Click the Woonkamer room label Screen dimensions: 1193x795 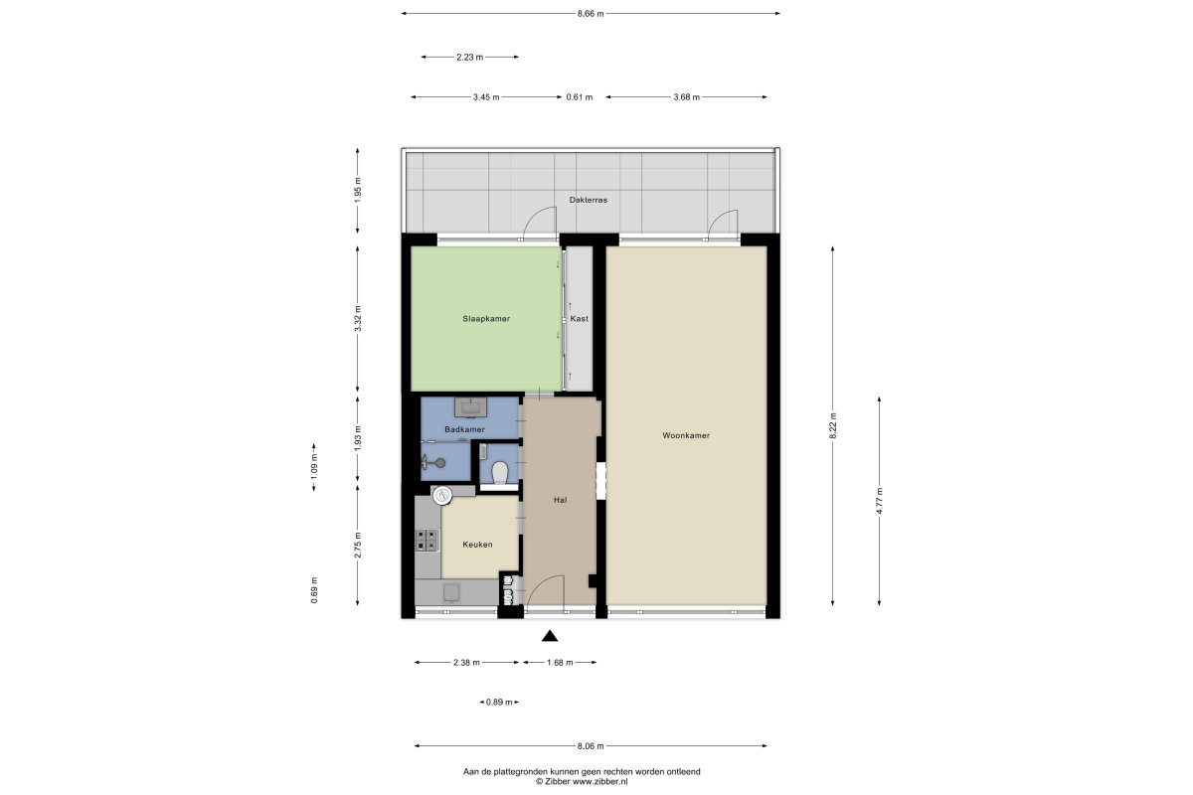[686, 435]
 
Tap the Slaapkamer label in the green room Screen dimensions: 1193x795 [486, 319]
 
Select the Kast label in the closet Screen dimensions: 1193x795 [580, 319]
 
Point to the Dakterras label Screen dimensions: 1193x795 [588, 200]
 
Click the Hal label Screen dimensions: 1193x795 [561, 500]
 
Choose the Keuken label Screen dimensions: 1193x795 [477, 545]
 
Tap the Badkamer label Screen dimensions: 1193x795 [465, 429]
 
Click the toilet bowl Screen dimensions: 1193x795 [499, 473]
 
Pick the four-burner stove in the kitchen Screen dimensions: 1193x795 [427, 540]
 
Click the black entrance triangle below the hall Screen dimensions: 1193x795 [550, 636]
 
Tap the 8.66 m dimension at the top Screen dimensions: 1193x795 [591, 14]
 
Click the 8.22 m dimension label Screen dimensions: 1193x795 [833, 426]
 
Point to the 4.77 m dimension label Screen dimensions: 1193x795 [879, 501]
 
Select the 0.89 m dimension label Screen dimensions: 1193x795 [499, 703]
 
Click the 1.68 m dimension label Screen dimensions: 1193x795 [560, 663]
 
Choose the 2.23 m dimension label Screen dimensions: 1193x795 [469, 57]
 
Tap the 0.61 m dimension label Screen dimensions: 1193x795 [580, 97]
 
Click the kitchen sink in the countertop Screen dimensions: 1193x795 [452, 591]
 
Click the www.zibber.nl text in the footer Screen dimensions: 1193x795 [600, 782]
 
